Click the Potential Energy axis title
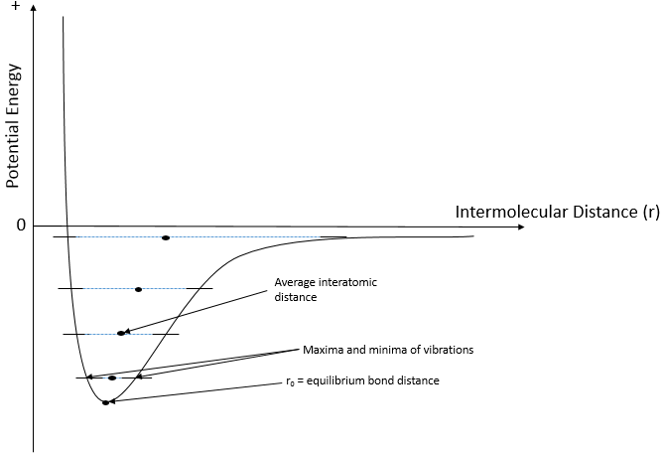coord(13,126)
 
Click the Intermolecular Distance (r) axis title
coord(557,212)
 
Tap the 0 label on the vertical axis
coord(21,226)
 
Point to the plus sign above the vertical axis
coord(16,6)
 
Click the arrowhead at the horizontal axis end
coord(521,227)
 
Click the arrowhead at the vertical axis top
coord(34,7)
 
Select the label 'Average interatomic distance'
coord(326,289)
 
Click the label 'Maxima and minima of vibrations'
coord(388,350)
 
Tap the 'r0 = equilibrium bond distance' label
coord(362,380)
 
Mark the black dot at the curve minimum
coord(105,402)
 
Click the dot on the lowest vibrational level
coord(112,377)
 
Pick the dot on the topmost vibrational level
coord(166,237)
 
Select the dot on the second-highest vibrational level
coord(138,289)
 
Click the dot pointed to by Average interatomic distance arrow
coord(121,333)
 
